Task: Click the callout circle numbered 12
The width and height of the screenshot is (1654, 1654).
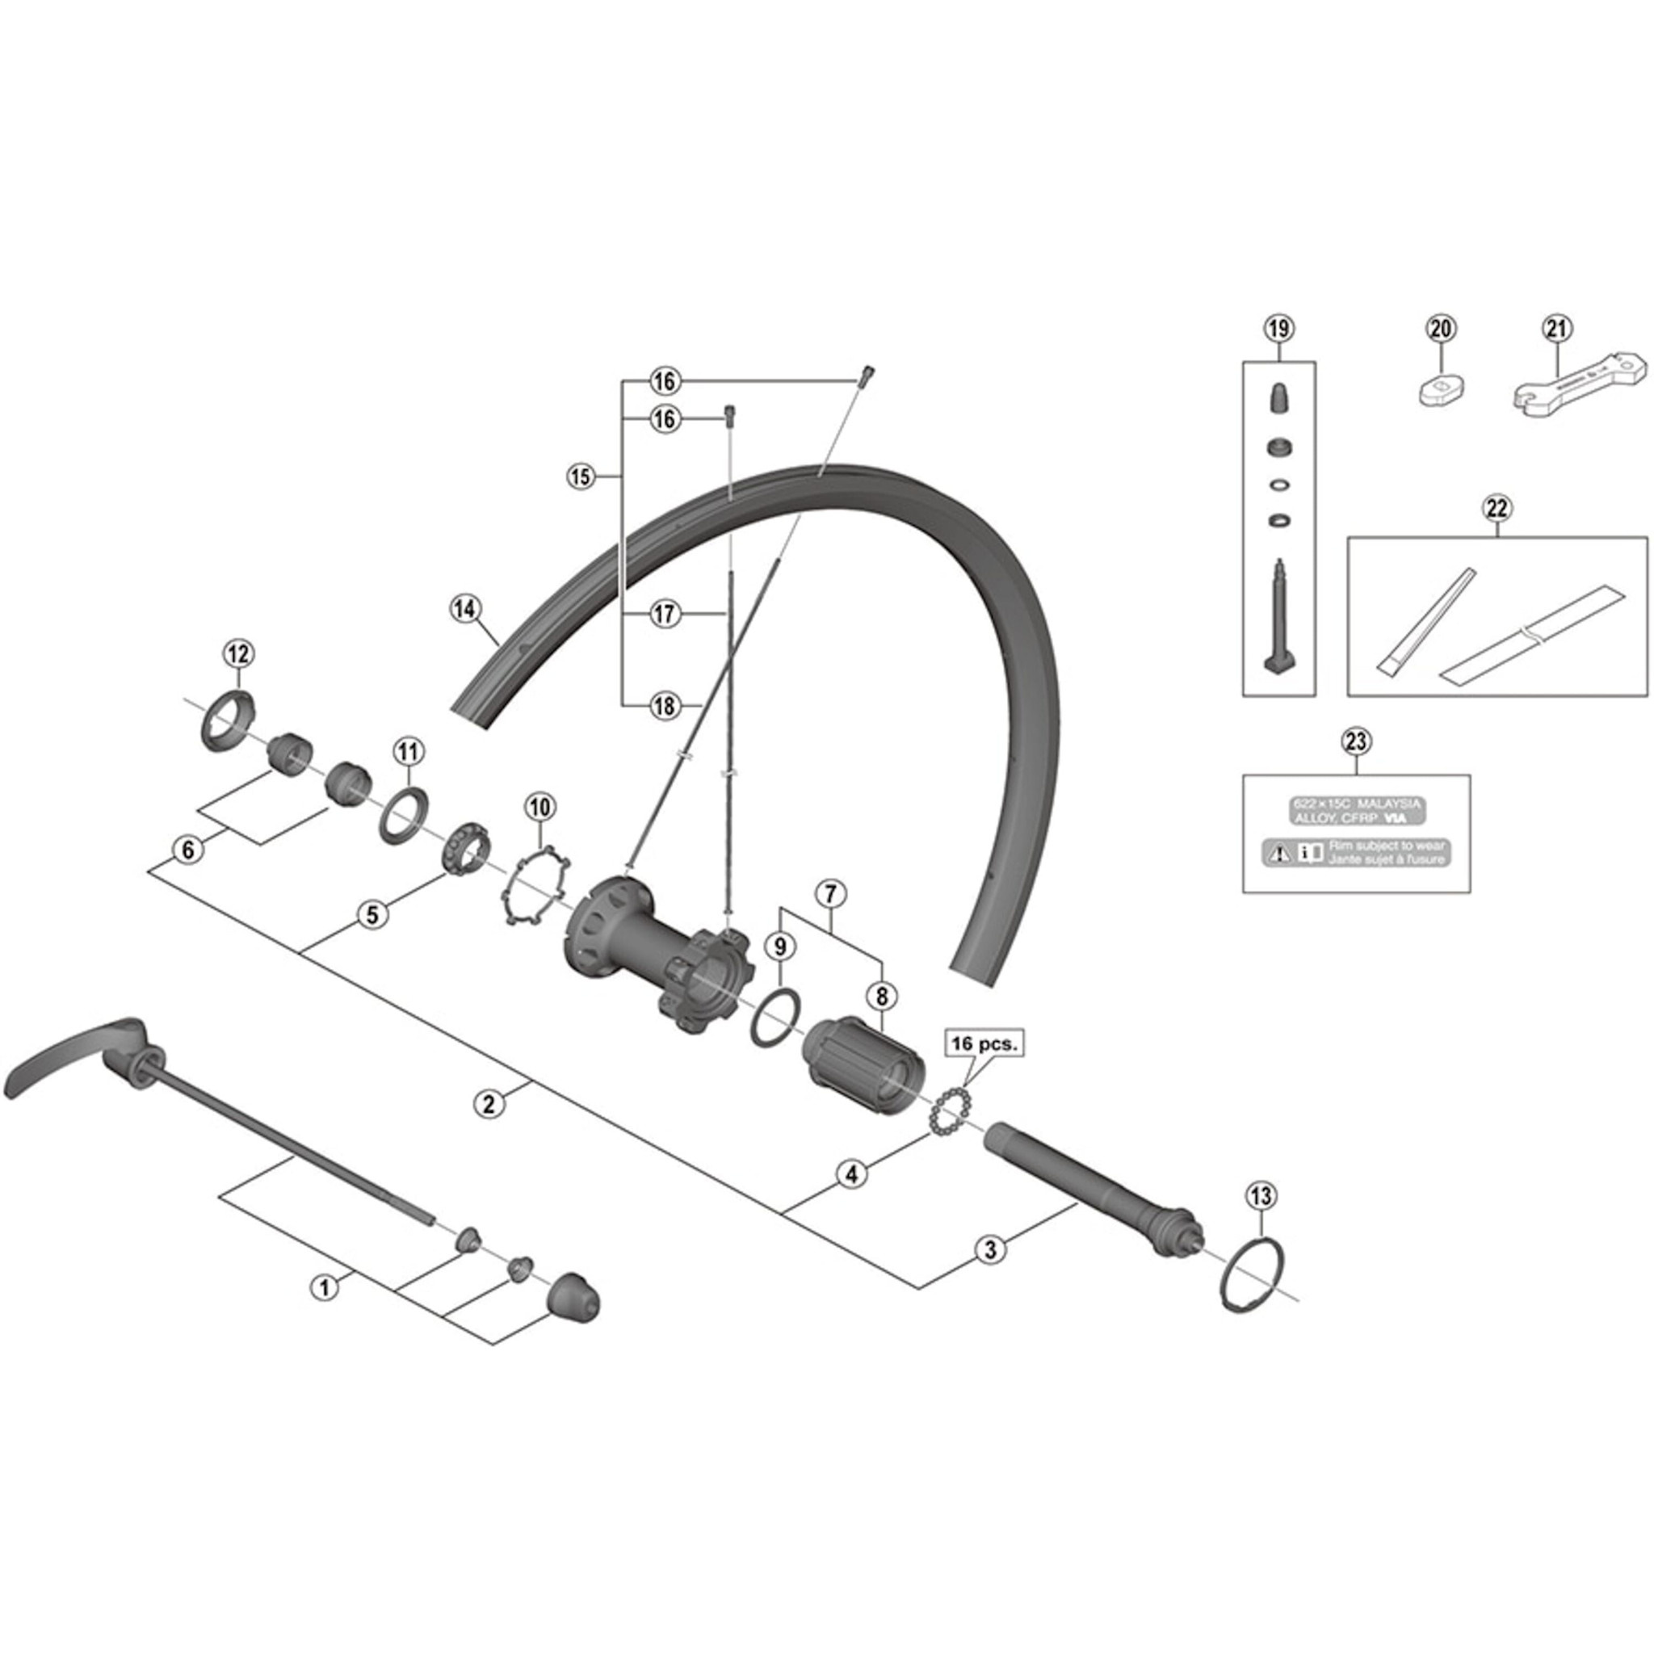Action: pos(239,654)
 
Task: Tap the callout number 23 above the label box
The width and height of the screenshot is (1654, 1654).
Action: pos(1357,741)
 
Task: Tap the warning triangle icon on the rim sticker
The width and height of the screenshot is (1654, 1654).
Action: pos(1279,853)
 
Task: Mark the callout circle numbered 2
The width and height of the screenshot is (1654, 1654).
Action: pos(488,1103)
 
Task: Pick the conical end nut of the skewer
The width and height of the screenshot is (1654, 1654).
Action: pos(573,1295)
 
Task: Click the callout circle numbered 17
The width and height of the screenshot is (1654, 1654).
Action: pos(665,614)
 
